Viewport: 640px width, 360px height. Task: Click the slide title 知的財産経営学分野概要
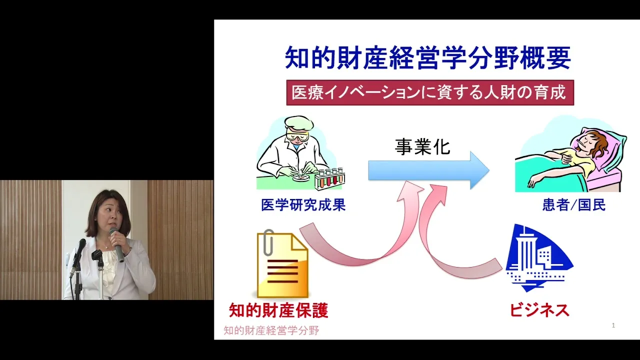(428, 58)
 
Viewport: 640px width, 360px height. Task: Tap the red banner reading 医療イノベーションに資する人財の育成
(430, 92)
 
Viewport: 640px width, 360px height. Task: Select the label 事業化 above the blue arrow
(422, 147)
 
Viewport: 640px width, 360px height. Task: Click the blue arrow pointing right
(428, 170)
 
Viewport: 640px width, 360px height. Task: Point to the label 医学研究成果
(303, 205)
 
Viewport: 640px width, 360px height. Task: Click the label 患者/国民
(573, 205)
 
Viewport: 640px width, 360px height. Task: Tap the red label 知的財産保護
(278, 310)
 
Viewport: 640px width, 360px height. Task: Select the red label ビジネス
(539, 310)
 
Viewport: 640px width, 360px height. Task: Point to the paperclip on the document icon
(268, 242)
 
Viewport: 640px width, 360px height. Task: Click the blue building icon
(539, 258)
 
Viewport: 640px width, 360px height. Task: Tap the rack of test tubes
(330, 178)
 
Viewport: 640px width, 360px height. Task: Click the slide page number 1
(613, 325)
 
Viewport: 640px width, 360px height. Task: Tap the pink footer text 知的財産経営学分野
(271, 330)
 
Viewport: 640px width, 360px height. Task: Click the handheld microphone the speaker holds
(117, 244)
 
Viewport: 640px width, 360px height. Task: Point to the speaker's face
(108, 215)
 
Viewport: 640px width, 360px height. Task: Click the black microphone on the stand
(77, 257)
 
